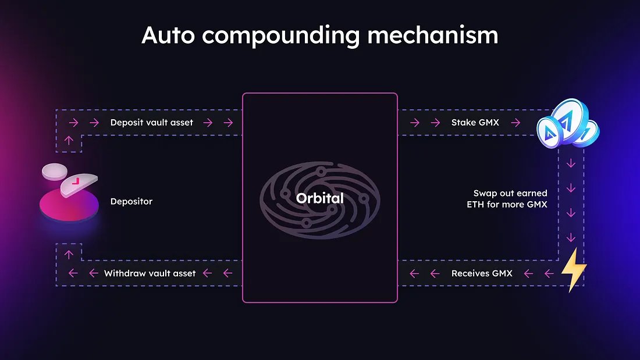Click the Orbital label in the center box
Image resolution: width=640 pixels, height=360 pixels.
click(x=319, y=198)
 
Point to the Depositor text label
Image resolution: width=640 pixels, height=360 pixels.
click(x=131, y=202)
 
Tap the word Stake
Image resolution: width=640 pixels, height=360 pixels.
click(x=463, y=123)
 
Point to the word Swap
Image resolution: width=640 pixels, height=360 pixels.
click(x=485, y=193)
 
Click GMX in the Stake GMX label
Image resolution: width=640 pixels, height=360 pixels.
click(x=489, y=123)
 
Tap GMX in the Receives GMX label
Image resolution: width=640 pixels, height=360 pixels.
click(x=502, y=273)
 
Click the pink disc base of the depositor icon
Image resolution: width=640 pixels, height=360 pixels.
click(x=69, y=206)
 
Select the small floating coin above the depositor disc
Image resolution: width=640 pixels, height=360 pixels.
click(x=55, y=172)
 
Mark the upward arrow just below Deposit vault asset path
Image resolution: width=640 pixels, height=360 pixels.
click(x=69, y=140)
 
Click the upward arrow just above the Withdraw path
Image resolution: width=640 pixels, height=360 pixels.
click(x=69, y=254)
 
